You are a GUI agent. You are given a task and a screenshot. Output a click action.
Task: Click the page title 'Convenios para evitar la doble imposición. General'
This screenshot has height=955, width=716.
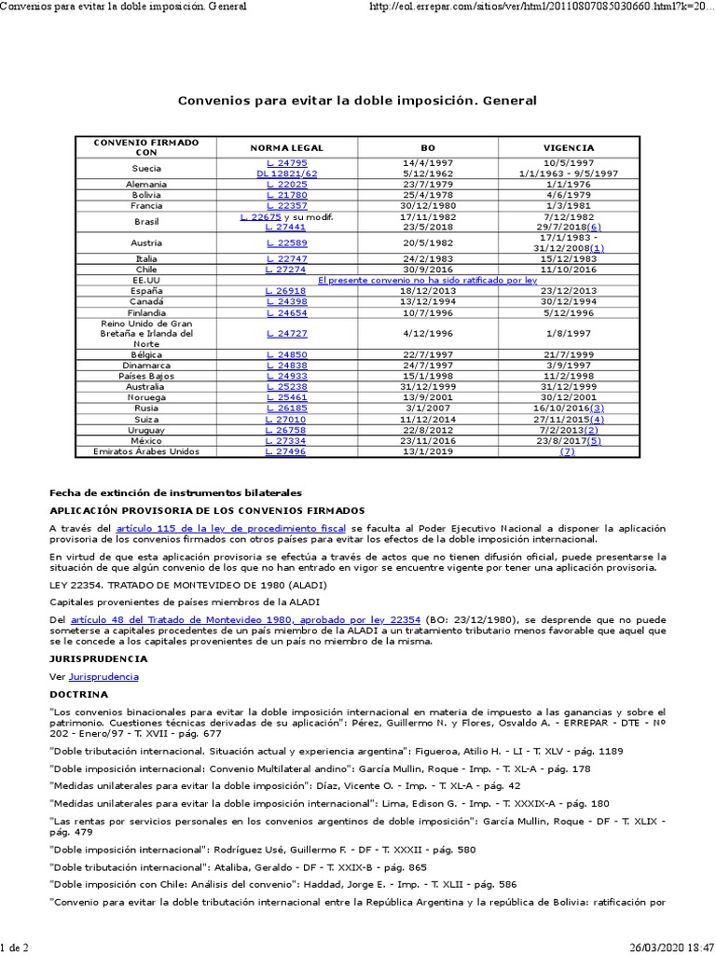pos(357,100)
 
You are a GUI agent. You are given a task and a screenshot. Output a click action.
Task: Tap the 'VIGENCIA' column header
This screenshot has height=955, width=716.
pos(569,147)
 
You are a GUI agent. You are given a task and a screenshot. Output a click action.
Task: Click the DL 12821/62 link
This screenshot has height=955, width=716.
pos(286,173)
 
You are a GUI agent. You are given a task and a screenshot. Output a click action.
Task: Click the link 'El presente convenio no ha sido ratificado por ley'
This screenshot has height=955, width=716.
pos(428,279)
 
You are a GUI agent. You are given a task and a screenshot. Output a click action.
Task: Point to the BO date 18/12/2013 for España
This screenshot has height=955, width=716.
pos(428,290)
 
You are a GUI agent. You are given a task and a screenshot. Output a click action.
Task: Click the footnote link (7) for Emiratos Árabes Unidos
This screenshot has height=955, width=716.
pos(568,451)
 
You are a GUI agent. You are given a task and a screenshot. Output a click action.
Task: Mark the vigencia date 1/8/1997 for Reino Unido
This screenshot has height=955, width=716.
pos(569,333)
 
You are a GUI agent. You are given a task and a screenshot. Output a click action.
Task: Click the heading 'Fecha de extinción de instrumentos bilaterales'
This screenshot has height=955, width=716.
pos(175,492)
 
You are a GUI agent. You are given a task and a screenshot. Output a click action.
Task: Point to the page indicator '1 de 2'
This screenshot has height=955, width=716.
pos(15,948)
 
